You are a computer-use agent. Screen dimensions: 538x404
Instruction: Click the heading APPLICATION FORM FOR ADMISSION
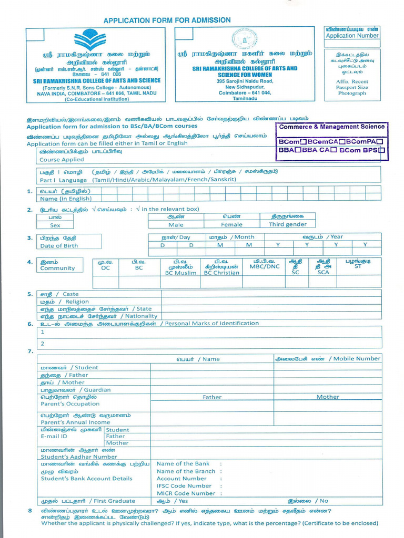[167, 20]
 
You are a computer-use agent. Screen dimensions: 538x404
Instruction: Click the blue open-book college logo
[90, 40]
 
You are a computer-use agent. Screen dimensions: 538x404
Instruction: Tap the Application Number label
[352, 36]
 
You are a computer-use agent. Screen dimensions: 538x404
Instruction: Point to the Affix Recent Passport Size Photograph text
[352, 87]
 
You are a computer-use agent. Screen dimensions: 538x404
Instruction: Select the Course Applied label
[62, 160]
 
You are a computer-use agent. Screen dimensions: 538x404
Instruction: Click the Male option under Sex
[176, 225]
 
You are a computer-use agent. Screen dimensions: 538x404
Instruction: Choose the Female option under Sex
[231, 225]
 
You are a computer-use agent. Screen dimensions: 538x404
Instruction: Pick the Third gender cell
[287, 225]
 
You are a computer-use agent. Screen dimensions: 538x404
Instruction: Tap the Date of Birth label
[59, 246]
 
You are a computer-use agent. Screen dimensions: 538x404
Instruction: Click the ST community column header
[358, 266]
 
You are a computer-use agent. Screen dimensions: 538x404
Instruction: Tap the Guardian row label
[76, 390]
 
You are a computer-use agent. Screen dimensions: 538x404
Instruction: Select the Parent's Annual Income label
[75, 422]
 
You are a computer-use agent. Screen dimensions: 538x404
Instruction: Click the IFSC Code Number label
[184, 486]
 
